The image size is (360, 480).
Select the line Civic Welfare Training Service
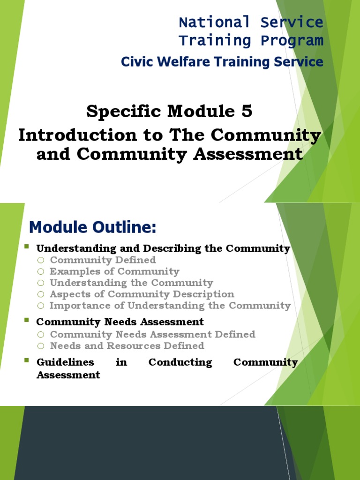point(222,62)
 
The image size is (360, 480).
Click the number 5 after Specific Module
point(247,112)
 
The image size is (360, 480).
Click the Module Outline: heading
point(92,228)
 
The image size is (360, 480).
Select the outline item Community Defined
point(103,260)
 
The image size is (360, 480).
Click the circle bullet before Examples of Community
point(41,271)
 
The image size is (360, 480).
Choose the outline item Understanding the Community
point(131,283)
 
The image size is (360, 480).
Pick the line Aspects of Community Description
point(142,294)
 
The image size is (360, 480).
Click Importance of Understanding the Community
point(170,306)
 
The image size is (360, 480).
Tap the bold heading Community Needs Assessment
point(120,322)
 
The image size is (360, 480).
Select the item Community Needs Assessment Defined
point(152,334)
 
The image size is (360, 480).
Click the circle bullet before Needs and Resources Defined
point(41,346)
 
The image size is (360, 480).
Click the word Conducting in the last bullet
point(180,362)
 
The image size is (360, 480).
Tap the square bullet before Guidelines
point(26,360)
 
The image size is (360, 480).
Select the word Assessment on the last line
point(68,375)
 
